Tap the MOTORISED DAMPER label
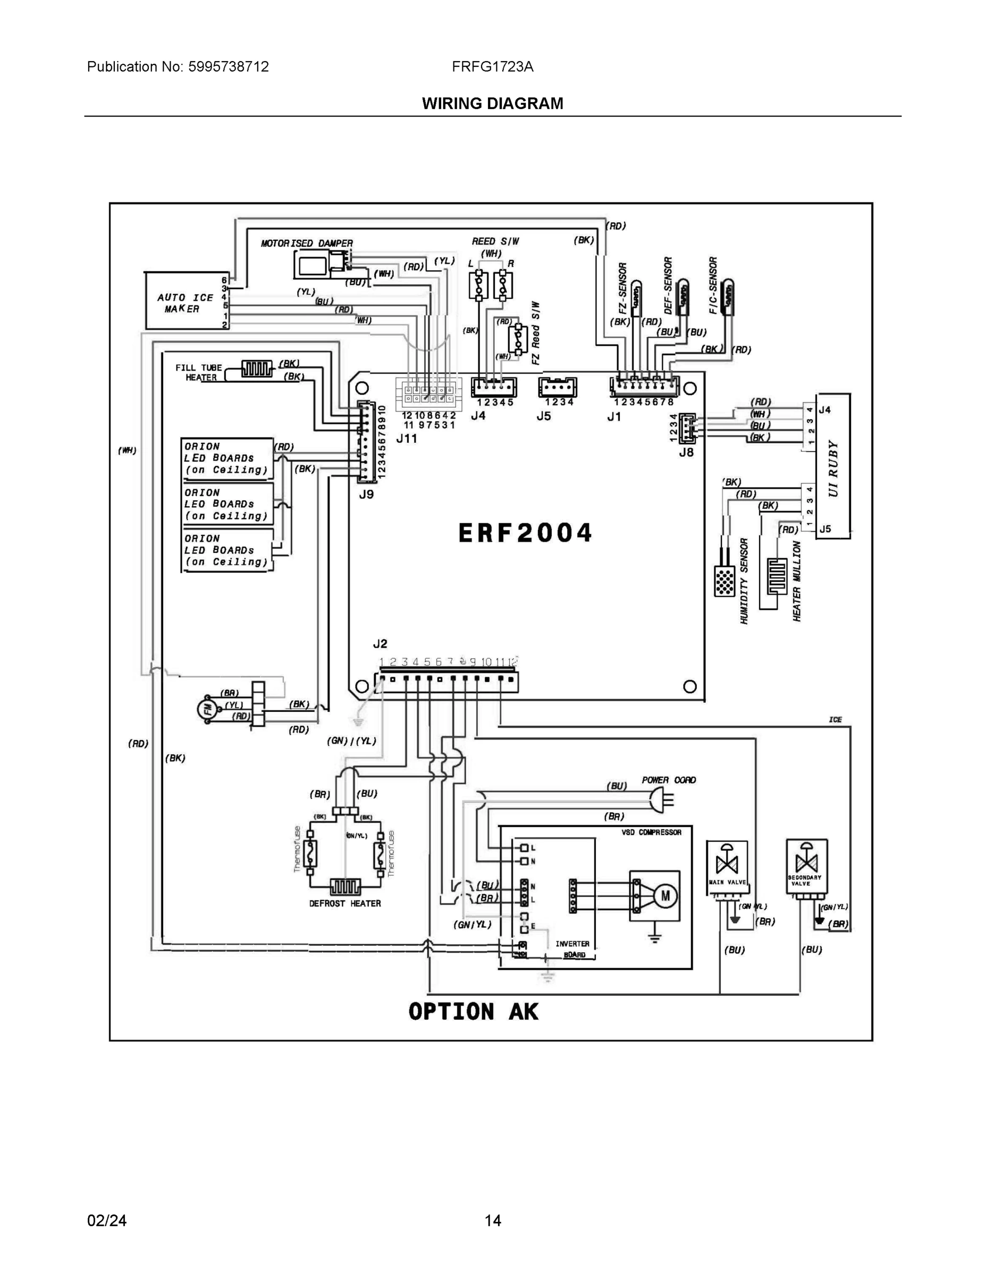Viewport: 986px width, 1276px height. pyautogui.click(x=307, y=243)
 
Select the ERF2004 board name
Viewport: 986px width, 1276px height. pyautogui.click(x=525, y=533)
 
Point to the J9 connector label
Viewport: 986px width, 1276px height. pyautogui.click(x=366, y=494)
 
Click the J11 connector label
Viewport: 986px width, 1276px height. pyautogui.click(x=407, y=438)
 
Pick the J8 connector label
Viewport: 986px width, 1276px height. pyautogui.click(x=686, y=451)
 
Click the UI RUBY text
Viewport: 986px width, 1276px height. pyautogui.click(x=833, y=467)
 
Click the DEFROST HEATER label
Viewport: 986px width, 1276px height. pyautogui.click(x=344, y=903)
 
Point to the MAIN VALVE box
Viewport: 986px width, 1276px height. pyautogui.click(x=727, y=868)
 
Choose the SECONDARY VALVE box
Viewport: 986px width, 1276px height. pyautogui.click(x=806, y=866)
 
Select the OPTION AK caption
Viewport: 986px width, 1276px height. pyautogui.click(x=473, y=1012)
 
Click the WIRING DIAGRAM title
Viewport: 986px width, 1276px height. pyautogui.click(x=492, y=104)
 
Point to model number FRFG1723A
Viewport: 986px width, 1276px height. pyautogui.click(x=492, y=66)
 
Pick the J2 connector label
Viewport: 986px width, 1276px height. pyautogui.click(x=380, y=644)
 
